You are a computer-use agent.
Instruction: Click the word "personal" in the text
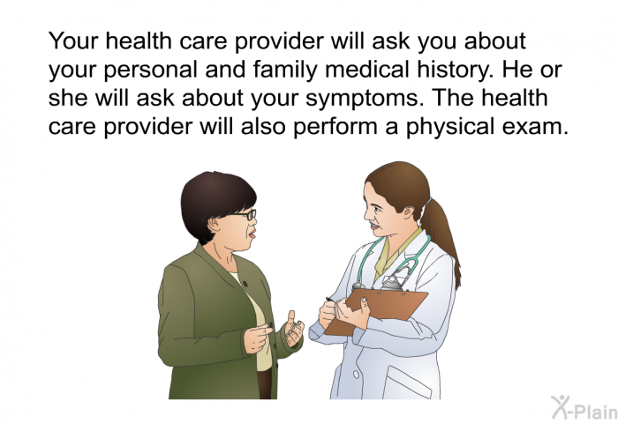coord(150,70)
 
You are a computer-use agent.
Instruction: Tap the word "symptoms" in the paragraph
coord(361,99)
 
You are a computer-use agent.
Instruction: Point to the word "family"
coord(285,70)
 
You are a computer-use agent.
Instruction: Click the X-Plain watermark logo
coord(584,408)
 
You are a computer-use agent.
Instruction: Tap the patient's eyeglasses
coord(245,214)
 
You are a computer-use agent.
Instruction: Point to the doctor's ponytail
coord(441,240)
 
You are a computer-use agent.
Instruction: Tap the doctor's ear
coord(408,213)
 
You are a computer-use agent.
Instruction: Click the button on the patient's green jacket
coord(245,284)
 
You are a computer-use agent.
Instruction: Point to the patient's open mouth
coord(252,235)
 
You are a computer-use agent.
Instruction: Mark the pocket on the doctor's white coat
coord(406,382)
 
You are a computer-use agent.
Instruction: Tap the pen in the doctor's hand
coord(330,301)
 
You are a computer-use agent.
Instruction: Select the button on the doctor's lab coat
coord(357,375)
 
